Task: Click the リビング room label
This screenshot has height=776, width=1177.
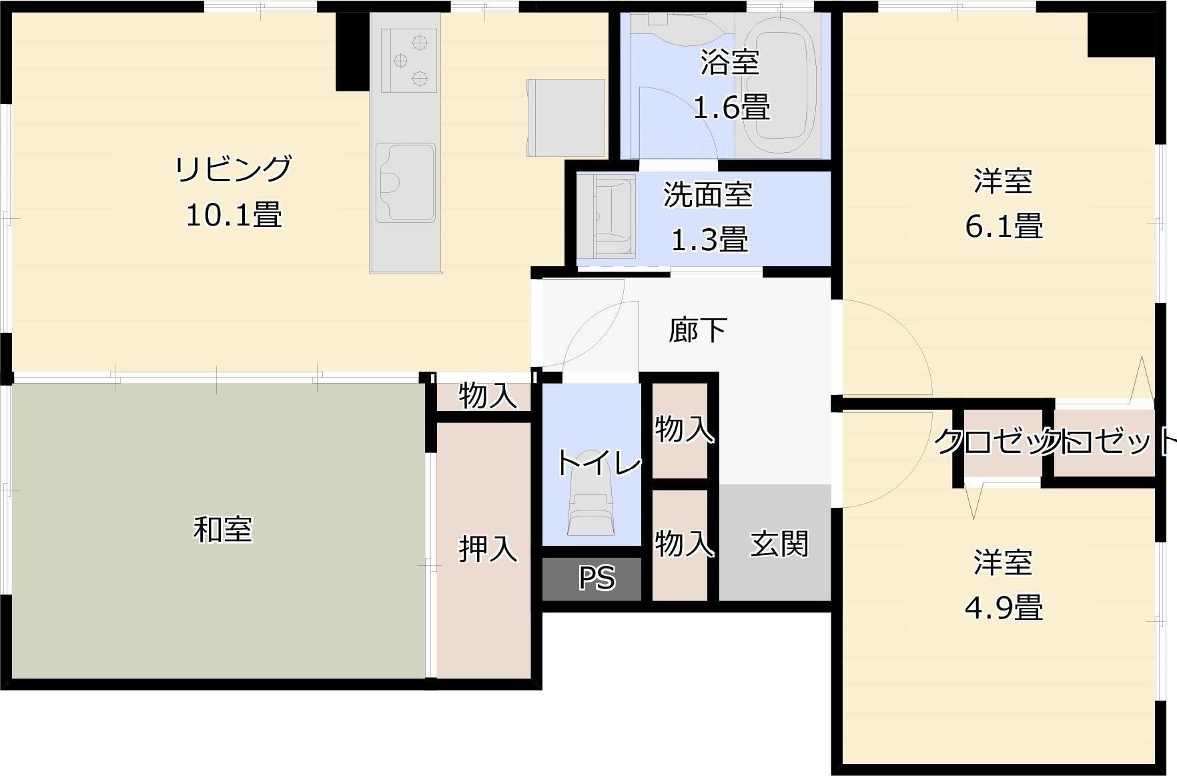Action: tap(233, 169)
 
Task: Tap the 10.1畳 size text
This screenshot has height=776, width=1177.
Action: tap(233, 216)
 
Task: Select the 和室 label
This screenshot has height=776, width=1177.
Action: tap(223, 530)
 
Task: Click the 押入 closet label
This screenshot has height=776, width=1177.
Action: tap(488, 548)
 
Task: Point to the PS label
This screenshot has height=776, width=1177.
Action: tap(596, 578)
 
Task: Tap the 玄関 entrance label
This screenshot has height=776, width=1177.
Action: tap(779, 544)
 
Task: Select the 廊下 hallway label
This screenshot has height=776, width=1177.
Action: tap(697, 330)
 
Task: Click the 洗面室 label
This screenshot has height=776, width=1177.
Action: tap(707, 195)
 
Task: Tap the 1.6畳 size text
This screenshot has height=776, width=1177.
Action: tap(731, 107)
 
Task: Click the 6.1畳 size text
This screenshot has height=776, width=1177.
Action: tap(1003, 226)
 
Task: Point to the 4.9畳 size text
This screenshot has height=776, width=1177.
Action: tap(1003, 608)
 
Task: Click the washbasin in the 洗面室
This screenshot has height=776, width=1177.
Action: tap(607, 215)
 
